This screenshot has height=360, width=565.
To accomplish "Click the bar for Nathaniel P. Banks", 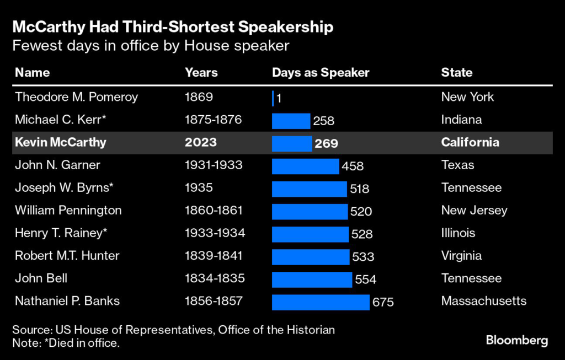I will (x=320, y=302).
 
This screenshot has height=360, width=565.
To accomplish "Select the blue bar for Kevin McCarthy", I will (x=292, y=143).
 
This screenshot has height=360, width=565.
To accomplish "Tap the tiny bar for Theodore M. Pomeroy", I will (x=273, y=98).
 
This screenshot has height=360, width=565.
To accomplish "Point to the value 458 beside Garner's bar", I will (x=353, y=165).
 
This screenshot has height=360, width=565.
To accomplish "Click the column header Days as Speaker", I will (x=321, y=72).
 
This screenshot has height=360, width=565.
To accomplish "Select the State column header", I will (x=456, y=72).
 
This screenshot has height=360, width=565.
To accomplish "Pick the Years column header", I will (x=201, y=72).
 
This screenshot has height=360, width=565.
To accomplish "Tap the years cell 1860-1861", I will (x=214, y=210).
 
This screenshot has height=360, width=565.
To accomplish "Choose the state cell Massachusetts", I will (x=483, y=301).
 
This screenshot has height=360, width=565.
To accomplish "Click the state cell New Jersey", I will (x=474, y=210).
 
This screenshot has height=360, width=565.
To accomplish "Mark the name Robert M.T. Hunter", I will (x=67, y=256).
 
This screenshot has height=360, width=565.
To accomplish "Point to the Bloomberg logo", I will (x=517, y=340).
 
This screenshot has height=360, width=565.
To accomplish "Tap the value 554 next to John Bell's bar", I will (x=365, y=280).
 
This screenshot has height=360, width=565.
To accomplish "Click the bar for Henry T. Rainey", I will (x=310, y=234).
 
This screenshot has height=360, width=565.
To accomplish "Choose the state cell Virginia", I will (x=461, y=256).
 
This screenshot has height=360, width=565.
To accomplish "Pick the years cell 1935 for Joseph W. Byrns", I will (x=199, y=187).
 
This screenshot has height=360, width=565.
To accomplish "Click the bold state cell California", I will (x=470, y=142).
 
